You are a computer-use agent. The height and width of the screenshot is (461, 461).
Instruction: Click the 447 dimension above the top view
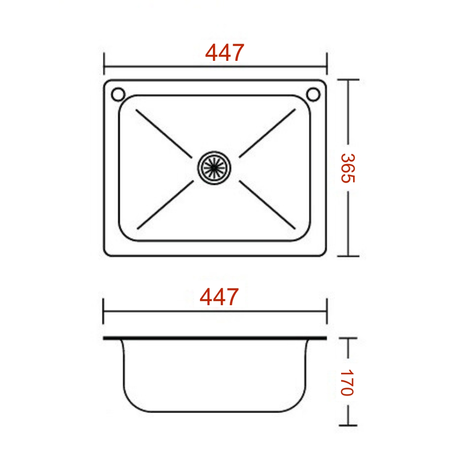pyautogui.click(x=225, y=53)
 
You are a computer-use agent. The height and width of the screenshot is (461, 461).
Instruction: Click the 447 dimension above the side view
pyautogui.click(x=219, y=297)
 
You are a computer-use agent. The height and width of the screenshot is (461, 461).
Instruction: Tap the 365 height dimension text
pyautogui.click(x=348, y=168)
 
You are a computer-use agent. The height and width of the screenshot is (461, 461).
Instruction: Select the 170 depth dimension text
pyautogui.click(x=347, y=383)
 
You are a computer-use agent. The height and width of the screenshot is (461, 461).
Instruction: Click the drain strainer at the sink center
pyautogui.click(x=214, y=168)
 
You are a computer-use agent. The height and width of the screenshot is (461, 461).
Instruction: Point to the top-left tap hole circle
pyautogui.click(x=118, y=95)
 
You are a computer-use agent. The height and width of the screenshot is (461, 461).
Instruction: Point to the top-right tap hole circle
pyautogui.click(x=313, y=95)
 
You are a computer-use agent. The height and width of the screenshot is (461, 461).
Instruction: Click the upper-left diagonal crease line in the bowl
pyautogui.click(x=164, y=134)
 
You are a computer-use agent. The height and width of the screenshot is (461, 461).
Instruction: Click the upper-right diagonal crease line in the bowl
pyautogui.click(x=267, y=133)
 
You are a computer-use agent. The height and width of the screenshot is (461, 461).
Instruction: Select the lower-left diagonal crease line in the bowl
pyautogui.click(x=165, y=205)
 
